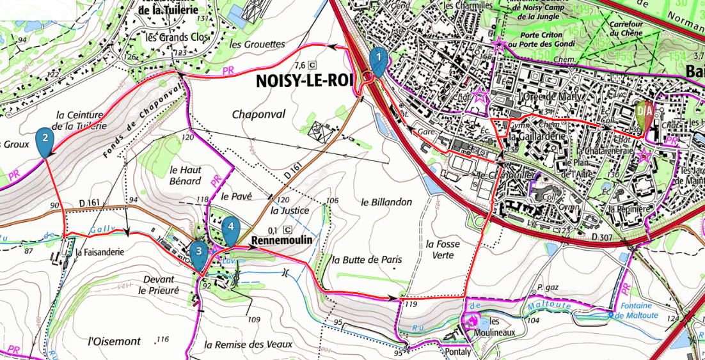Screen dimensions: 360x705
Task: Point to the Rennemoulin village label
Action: coord(281,241)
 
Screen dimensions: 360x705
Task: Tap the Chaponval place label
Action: coord(258,114)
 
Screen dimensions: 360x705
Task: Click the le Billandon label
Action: coord(386,202)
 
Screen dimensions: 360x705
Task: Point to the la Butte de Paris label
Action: coord(367,260)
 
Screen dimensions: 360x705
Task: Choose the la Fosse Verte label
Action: coord(443,249)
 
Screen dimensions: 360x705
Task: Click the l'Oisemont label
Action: coord(115,341)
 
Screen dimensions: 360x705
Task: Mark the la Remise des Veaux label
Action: coord(244,344)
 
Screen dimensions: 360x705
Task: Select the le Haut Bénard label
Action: coord(186,176)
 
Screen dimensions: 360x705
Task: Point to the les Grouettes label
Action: coord(256,45)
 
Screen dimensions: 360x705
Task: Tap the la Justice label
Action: coord(290,210)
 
